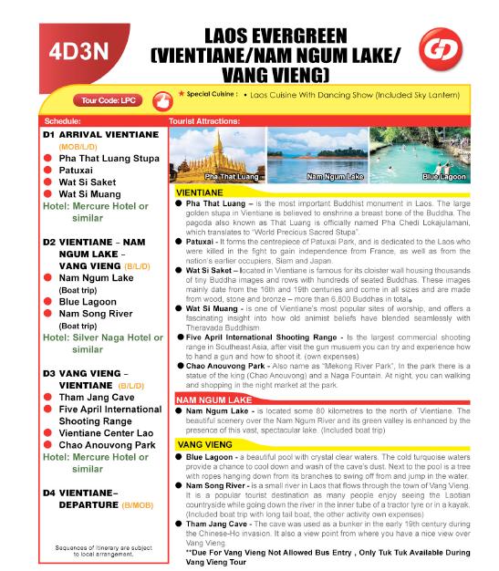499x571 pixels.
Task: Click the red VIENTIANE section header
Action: coord(198,193)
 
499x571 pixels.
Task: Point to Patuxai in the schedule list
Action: coord(78,170)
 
